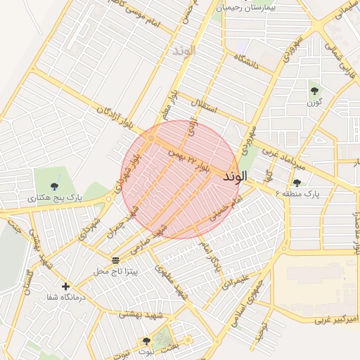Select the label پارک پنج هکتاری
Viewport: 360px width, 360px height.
pyautogui.click(x=55, y=199)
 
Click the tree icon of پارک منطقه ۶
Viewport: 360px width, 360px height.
pyautogui.click(x=297, y=183)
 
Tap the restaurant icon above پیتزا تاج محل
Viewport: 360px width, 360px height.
pyautogui.click(x=115, y=259)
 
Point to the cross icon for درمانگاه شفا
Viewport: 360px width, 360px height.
pyautogui.click(x=65, y=286)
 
